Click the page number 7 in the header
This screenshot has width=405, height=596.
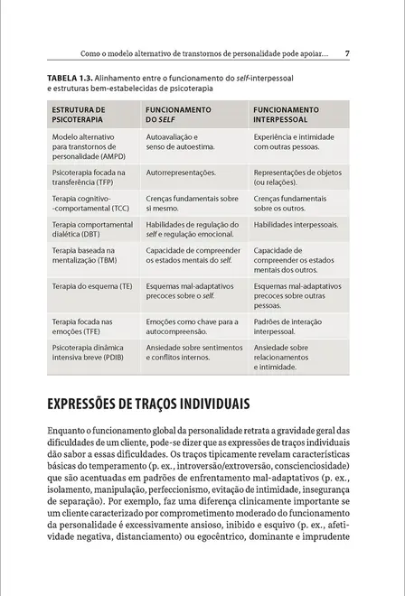348,54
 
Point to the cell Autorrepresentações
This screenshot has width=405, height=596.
180,172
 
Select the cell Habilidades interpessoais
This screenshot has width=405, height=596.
296,224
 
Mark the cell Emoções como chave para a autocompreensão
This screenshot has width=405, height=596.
191,326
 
